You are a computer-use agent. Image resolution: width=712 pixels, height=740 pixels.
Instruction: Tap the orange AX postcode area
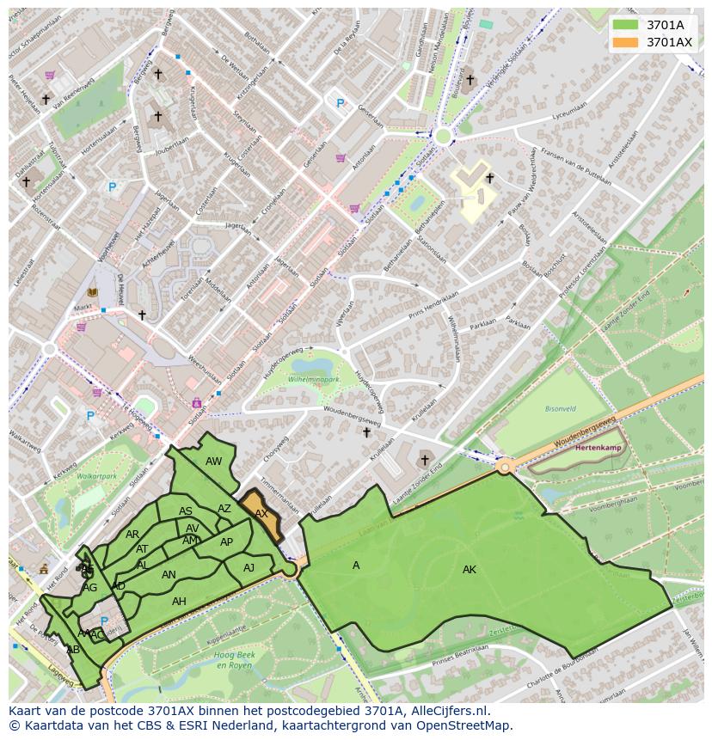click(263, 516)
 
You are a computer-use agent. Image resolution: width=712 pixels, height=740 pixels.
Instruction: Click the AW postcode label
click(213, 462)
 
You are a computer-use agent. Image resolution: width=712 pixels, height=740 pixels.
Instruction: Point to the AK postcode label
click(470, 570)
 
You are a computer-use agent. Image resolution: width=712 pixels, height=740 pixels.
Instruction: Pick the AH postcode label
click(179, 602)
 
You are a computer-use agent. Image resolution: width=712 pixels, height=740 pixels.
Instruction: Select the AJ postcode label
click(249, 568)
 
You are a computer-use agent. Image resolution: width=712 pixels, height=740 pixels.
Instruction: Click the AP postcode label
click(226, 542)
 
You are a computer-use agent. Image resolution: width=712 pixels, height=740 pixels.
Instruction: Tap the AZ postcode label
click(224, 509)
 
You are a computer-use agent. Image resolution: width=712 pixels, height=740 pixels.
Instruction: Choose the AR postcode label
click(132, 535)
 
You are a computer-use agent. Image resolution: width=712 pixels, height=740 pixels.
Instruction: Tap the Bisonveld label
click(561, 409)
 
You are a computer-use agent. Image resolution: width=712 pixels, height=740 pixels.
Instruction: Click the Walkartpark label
click(96, 475)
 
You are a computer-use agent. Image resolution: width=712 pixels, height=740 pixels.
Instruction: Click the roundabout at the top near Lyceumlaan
click(443, 135)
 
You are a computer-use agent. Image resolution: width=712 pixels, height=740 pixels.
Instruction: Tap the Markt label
click(83, 306)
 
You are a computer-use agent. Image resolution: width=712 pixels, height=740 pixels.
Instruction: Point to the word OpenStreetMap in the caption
click(464, 725)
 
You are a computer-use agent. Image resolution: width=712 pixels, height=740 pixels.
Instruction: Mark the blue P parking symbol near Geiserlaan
click(341, 104)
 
